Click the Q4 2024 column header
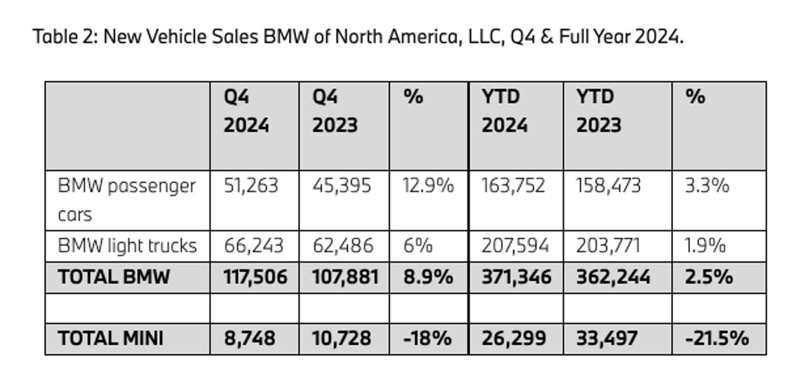pos(246,111)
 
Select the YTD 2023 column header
pos(598,111)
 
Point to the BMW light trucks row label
pos(127,246)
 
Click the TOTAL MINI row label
pos(111,339)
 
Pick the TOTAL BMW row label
pos(114,277)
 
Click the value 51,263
pos(251,186)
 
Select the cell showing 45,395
pos(342,186)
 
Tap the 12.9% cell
pos(428,186)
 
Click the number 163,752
pos(513,186)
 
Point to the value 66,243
pos(254,246)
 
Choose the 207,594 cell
pos(515,246)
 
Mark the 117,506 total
pos(255,277)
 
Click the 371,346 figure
pos(516,277)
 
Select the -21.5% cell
pos(717,339)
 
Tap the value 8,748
pos(249,339)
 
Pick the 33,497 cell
pos(607,339)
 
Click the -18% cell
pos(427,339)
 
